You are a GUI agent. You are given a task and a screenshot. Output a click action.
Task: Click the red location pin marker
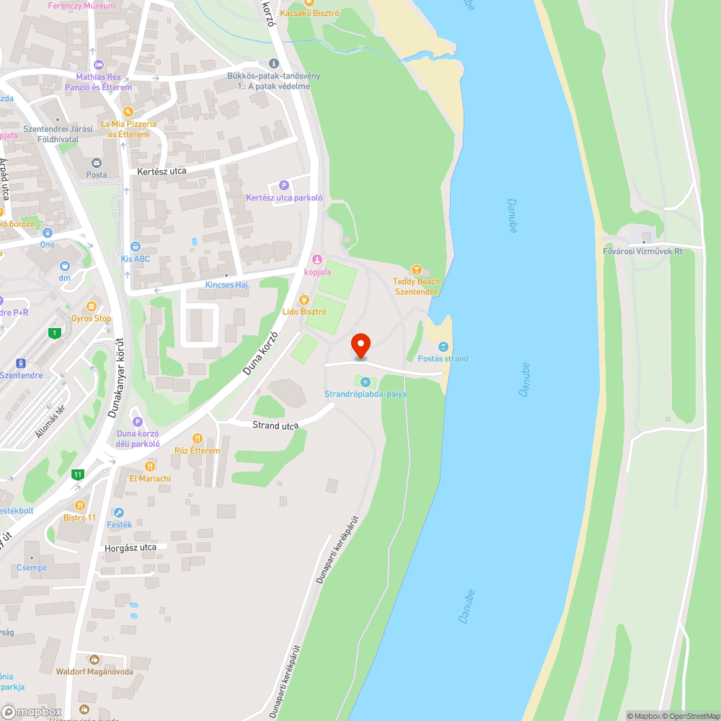click(360, 345)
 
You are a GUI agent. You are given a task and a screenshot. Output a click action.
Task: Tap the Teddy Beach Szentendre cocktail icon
click(416, 269)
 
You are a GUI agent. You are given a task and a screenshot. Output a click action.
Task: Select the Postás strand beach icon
click(443, 346)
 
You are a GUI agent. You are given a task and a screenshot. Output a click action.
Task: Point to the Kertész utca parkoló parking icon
click(283, 185)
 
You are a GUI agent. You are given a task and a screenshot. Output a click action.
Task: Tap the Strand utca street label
click(275, 426)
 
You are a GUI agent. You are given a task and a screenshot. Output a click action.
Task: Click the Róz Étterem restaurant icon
click(197, 438)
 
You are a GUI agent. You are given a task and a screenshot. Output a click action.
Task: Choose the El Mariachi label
click(150, 478)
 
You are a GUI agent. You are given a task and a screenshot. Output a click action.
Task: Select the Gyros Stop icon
click(92, 306)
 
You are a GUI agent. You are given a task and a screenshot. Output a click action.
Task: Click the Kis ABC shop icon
click(136, 247)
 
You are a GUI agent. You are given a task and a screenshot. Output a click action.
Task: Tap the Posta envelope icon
click(97, 163)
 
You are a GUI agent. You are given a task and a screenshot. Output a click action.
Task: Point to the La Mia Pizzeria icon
click(128, 112)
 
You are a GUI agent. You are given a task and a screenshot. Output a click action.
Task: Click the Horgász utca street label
click(131, 548)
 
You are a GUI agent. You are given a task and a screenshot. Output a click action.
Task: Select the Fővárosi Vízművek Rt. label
click(643, 251)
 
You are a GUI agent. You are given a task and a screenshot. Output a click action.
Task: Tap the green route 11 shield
click(78, 474)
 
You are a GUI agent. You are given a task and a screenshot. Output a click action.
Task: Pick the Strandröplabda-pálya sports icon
click(365, 382)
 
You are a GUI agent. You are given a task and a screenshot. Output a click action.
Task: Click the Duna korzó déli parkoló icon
click(137, 422)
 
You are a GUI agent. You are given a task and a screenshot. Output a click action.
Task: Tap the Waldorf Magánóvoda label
click(95, 671)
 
